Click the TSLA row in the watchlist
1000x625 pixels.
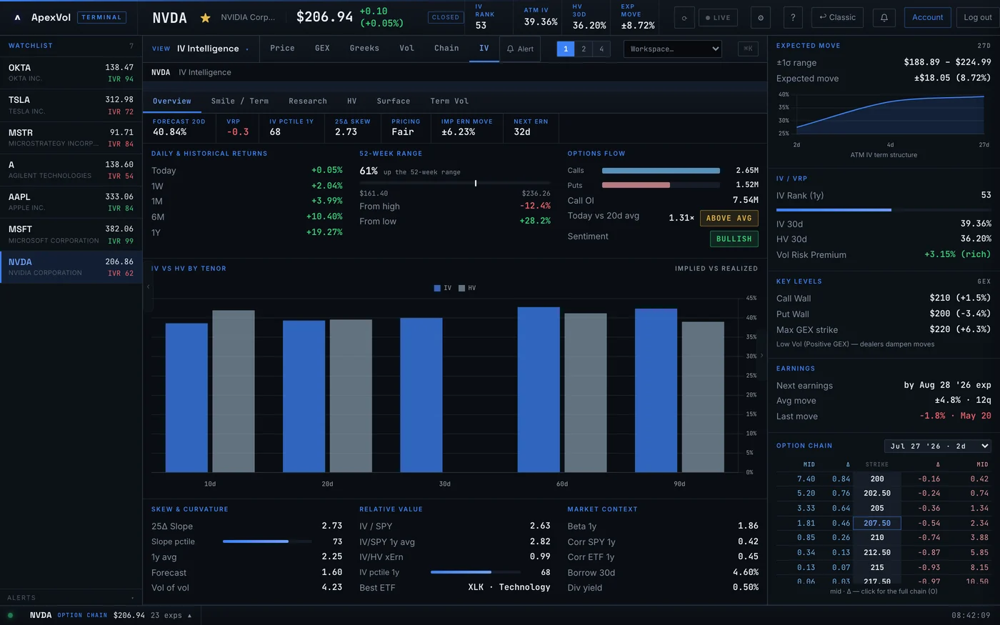coord(71,106)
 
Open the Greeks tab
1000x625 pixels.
coord(364,49)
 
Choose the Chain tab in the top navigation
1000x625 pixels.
coord(446,49)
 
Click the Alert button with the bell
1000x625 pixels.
coord(520,49)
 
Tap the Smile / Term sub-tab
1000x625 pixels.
coord(240,101)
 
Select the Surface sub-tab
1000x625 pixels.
coord(394,101)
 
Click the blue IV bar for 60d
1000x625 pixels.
coord(539,389)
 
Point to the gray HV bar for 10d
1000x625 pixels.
coord(234,391)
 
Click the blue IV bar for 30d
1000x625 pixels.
coord(421,395)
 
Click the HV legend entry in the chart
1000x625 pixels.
coord(467,288)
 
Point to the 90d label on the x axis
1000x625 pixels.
coord(679,484)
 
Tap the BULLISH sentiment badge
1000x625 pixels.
coord(734,239)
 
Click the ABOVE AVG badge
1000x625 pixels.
coord(729,218)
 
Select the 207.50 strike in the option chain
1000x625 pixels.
coord(877,523)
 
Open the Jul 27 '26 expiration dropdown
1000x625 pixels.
coord(937,446)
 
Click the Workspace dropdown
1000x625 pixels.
coord(672,49)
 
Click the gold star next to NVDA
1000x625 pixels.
coord(206,18)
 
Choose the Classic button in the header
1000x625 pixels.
coord(837,17)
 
